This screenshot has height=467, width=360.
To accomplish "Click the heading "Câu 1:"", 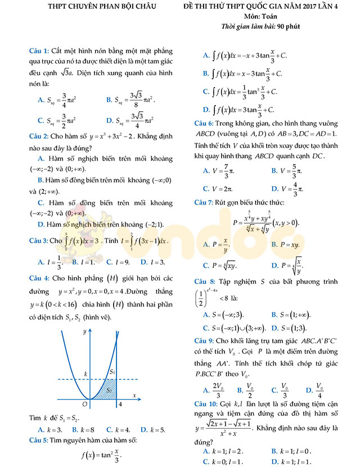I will [x=39, y=51].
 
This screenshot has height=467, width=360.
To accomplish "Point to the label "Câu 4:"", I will [x=39, y=278].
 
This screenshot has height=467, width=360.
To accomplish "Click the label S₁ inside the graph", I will [x=112, y=371].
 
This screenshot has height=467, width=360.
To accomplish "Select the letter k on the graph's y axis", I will [x=86, y=373].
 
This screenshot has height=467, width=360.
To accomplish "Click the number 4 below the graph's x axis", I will [x=120, y=404].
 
